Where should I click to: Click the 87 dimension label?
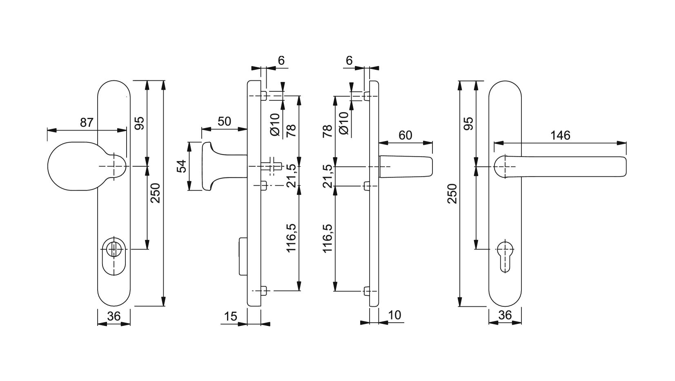87,122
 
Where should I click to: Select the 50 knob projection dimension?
224,121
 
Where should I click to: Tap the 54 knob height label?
181,166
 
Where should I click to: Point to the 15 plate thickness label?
231,316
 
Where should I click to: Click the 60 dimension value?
405,135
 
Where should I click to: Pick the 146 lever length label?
560,135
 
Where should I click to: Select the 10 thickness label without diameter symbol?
395,315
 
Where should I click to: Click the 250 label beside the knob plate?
156,193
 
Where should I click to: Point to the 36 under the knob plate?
114,316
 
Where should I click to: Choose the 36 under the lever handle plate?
505,315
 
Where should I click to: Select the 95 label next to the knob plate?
140,123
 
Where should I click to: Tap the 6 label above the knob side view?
281,60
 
